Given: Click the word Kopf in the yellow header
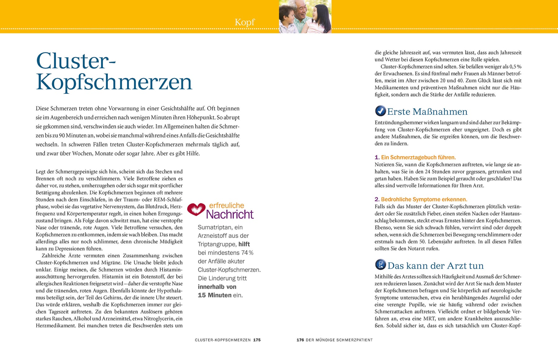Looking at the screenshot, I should [x=245, y=22].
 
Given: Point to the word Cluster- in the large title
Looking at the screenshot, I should [x=76, y=61].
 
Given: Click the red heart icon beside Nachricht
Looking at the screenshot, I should [x=196, y=210].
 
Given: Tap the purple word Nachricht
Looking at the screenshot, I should [x=230, y=214].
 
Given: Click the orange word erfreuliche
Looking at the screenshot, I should [x=227, y=205].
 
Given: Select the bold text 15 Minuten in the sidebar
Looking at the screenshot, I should [x=215, y=295].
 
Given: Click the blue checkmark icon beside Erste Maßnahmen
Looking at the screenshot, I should [x=380, y=111].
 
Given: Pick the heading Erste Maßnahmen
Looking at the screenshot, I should [x=427, y=112].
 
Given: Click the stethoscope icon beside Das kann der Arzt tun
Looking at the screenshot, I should [x=380, y=264].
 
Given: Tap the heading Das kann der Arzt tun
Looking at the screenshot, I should [x=435, y=266].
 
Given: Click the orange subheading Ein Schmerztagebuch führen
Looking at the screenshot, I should [x=418, y=157].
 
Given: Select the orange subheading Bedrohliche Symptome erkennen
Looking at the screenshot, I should [x=424, y=199].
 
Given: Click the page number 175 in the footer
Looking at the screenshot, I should [x=257, y=340].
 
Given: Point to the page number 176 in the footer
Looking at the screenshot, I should [x=300, y=340].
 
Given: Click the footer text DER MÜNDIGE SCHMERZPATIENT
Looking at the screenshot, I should [x=339, y=340].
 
